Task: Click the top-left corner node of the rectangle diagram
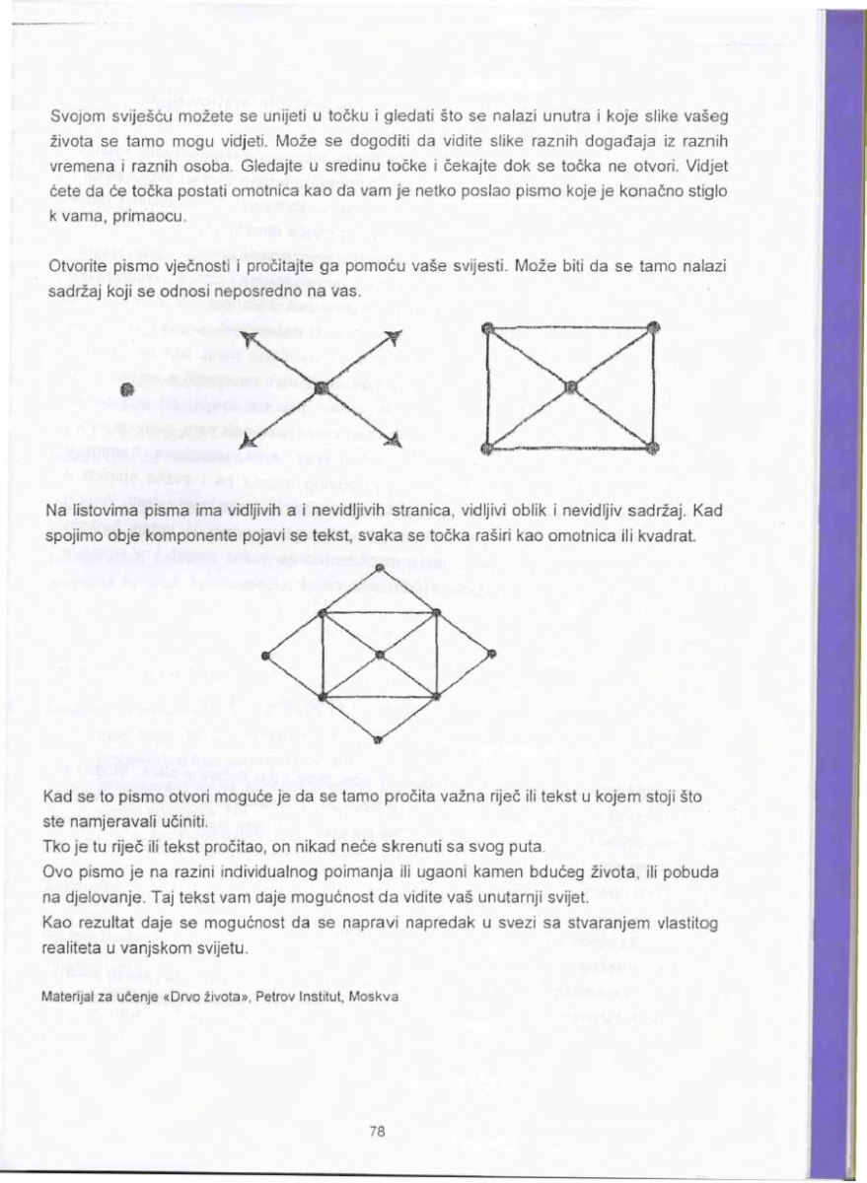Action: (x=486, y=328)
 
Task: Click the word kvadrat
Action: (x=676, y=537)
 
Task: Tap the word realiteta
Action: (x=75, y=947)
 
